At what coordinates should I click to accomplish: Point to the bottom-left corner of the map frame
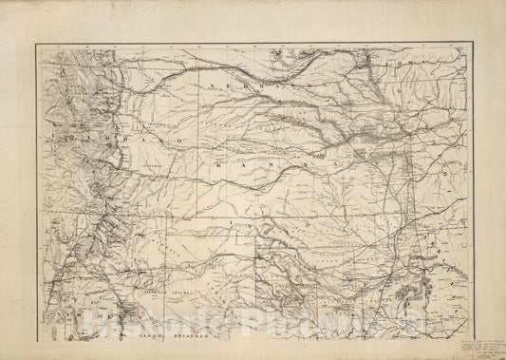38,339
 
